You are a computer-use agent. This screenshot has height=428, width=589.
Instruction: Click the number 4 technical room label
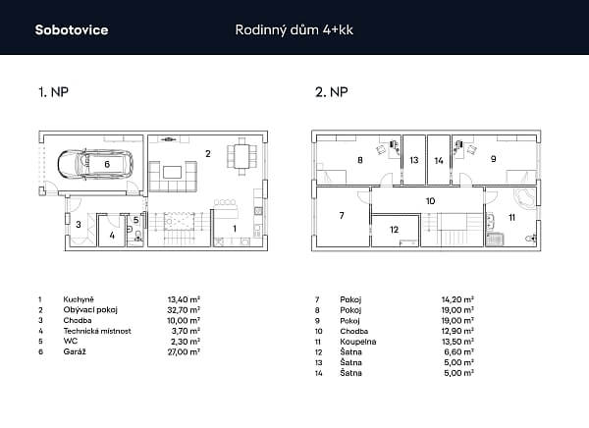tap(112, 236)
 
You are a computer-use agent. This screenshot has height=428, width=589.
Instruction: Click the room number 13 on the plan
tap(414, 158)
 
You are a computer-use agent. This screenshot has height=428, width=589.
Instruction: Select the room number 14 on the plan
tap(439, 158)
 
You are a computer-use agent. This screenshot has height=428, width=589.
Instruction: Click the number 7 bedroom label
tap(341, 214)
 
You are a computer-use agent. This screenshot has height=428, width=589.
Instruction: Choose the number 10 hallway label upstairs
tap(429, 200)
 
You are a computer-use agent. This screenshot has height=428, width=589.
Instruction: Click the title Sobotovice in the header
tap(72, 29)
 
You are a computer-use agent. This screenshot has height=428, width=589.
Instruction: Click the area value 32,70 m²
tap(184, 308)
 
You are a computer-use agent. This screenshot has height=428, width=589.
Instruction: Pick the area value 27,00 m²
tap(184, 350)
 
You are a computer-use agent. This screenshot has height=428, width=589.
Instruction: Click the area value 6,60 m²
tap(457, 351)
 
